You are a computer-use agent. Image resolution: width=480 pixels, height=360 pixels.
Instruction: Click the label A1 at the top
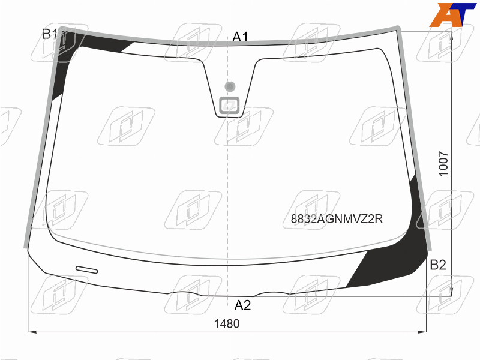(240, 37)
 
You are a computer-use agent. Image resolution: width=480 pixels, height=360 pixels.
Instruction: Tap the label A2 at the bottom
(242, 305)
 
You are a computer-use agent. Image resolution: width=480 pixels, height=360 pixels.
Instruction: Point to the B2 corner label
(438, 265)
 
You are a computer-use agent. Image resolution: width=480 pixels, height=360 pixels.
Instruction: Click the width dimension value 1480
(227, 323)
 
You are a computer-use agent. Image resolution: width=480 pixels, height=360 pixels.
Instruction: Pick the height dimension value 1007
(443, 163)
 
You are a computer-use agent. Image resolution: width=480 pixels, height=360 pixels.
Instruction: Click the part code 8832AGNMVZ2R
(337, 219)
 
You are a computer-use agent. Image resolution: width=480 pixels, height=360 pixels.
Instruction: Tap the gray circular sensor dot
(230, 86)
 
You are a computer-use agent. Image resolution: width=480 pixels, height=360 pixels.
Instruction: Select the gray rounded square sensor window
(229, 106)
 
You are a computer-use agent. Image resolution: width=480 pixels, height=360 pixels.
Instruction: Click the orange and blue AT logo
(452, 14)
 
